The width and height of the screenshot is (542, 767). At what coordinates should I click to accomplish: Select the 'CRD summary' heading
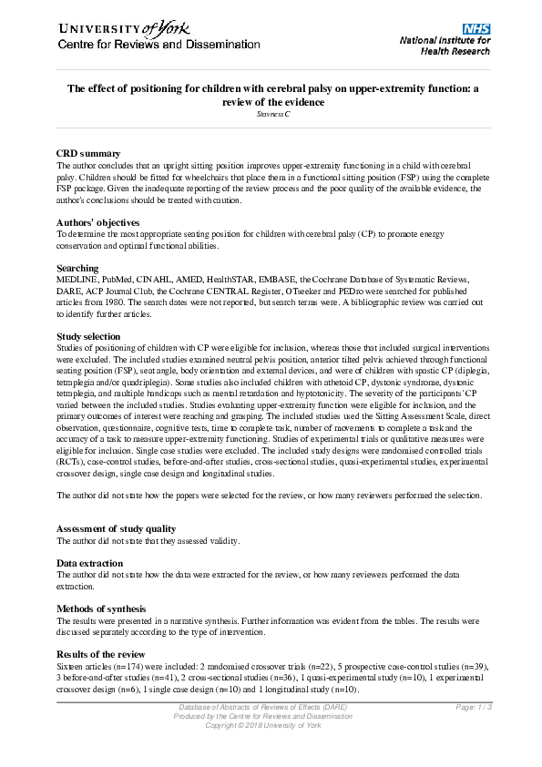87,153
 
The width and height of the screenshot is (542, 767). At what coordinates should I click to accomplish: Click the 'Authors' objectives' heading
98,221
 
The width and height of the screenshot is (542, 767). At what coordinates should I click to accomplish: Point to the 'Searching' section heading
78,268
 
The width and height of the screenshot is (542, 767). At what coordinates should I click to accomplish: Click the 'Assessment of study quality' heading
117,528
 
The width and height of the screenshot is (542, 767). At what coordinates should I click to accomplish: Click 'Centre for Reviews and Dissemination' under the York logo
138,45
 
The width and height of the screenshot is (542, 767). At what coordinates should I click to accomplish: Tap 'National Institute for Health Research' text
445,46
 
